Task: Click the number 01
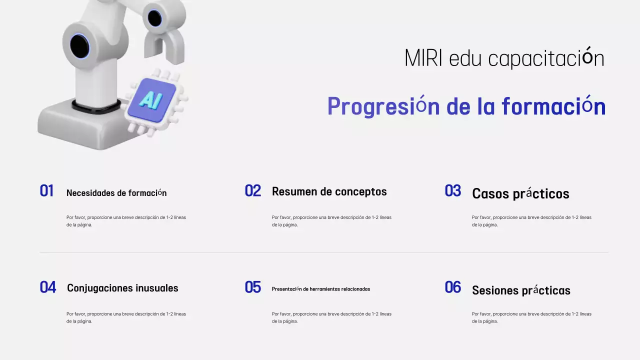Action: tap(46, 191)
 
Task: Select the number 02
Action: tap(253, 191)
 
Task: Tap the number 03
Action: tap(453, 191)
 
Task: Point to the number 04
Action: tap(48, 287)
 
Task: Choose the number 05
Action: tap(253, 287)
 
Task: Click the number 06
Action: tap(453, 287)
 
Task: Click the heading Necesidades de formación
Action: tap(116, 193)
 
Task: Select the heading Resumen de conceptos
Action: tap(329, 191)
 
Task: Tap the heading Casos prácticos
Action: tap(520, 193)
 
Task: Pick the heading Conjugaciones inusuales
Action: tap(122, 288)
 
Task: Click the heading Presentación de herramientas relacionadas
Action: tap(321, 289)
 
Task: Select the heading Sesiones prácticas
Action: tap(521, 290)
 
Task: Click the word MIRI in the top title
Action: tap(423, 58)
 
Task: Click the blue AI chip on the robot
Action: tap(151, 100)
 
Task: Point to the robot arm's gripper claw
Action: tap(164, 45)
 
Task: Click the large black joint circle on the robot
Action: tap(79, 46)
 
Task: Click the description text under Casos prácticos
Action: tap(531, 221)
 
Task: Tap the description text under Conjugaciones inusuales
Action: tap(126, 317)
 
